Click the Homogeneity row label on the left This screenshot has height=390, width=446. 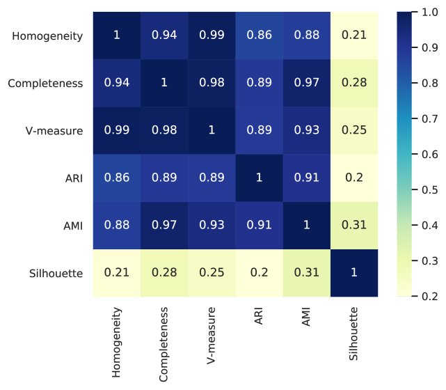tap(47, 36)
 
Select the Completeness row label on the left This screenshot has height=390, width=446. tap(45, 84)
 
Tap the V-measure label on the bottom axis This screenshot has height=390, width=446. tap(211, 336)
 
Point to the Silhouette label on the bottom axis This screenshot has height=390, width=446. tap(353, 334)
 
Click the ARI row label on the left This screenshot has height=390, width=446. tap(74, 178)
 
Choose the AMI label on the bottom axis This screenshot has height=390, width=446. tap(305, 317)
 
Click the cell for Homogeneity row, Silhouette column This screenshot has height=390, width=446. tap(354, 36)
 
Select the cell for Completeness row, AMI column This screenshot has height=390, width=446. tap(307, 83)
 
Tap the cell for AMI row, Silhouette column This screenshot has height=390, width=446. tap(354, 226)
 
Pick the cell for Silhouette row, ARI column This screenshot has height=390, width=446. tap(259, 273)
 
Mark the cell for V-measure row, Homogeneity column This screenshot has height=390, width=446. tap(117, 130)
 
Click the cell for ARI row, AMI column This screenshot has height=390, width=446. tap(307, 178)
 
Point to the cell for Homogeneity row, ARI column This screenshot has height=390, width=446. tap(259, 36)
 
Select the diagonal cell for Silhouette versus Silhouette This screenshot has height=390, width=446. tap(354, 273)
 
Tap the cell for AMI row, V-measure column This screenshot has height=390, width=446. tap(212, 226)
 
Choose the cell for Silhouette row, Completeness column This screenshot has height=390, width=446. tap(164, 273)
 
